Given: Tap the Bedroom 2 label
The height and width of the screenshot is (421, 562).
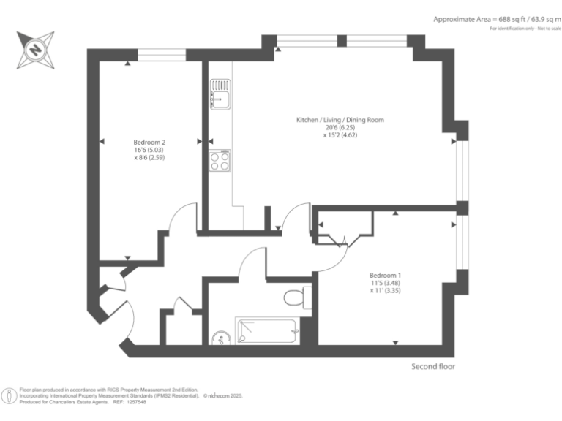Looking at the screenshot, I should [149, 142].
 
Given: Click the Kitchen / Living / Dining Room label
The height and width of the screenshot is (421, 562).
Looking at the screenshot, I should [340, 120].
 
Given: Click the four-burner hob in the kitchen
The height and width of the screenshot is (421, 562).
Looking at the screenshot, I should [220, 161].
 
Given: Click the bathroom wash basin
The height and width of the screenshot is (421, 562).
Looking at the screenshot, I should [222, 338].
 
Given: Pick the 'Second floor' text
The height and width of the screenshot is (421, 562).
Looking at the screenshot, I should [432, 366].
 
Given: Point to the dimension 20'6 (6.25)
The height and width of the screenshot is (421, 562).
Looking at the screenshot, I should [339, 128].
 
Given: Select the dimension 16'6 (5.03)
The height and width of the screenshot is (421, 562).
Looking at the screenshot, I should [149, 150].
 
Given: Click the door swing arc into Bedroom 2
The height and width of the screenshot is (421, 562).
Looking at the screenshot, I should [181, 217].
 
